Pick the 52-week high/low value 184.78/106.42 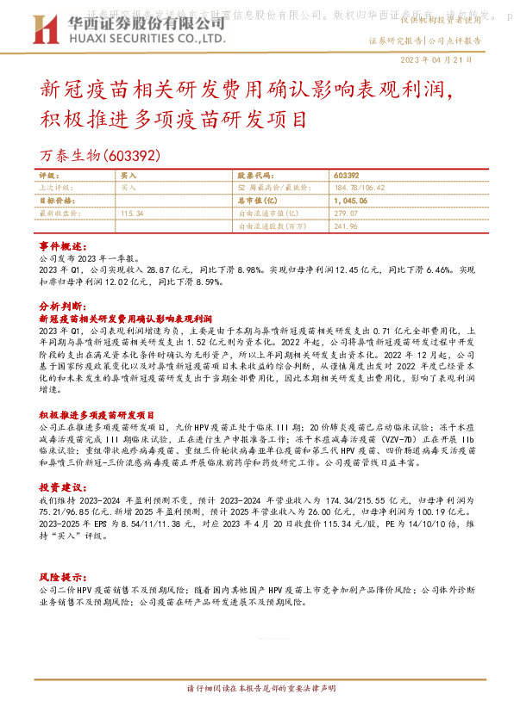(x=358, y=186)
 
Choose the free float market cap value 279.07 (x=345, y=212)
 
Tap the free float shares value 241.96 (x=345, y=226)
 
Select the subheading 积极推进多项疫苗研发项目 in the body (x=97, y=390)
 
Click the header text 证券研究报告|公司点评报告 (x=424, y=40)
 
